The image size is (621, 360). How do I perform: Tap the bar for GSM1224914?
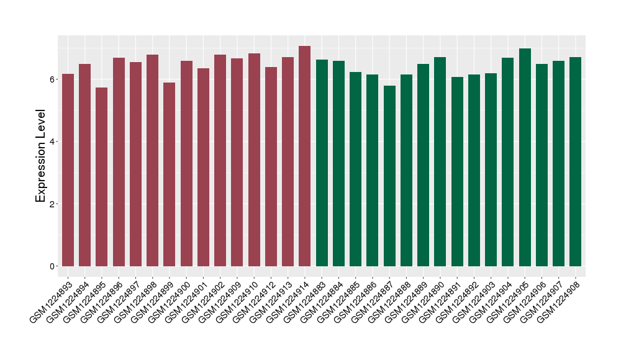tap(305, 156)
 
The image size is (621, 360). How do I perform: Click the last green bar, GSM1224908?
tap(576, 161)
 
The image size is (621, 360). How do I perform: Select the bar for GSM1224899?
tap(170, 174)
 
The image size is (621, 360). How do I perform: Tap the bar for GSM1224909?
tap(237, 162)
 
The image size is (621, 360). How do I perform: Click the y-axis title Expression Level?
tap(41, 156)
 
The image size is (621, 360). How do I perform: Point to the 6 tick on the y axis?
tap(53, 79)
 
